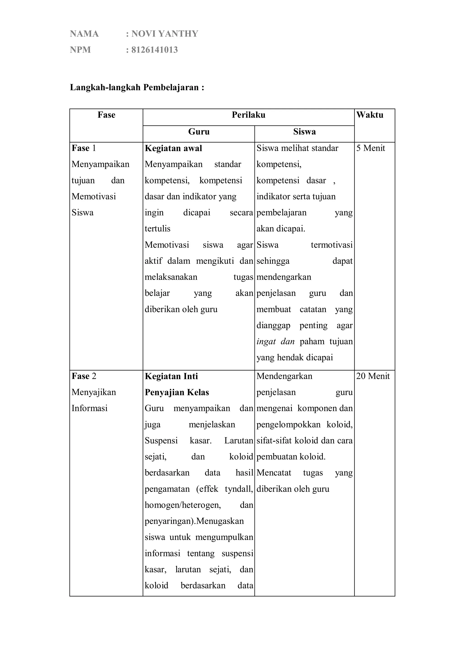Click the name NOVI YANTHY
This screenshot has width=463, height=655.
pyautogui.click(x=165, y=34)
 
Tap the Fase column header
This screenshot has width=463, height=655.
pyautogui.click(x=106, y=115)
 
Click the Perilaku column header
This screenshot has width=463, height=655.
pyautogui.click(x=248, y=115)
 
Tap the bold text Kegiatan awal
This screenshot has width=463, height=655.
pyautogui.click(x=173, y=148)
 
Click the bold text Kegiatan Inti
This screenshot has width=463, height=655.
pyautogui.click(x=171, y=376)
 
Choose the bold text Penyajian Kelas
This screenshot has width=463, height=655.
pyautogui.click(x=177, y=393)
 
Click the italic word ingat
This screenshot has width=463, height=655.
pyautogui.click(x=266, y=342)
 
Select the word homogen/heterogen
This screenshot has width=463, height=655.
pyautogui.click(x=183, y=505)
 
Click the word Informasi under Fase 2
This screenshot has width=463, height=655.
pyautogui.click(x=89, y=408)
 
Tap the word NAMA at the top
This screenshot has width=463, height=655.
pyautogui.click(x=84, y=34)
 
